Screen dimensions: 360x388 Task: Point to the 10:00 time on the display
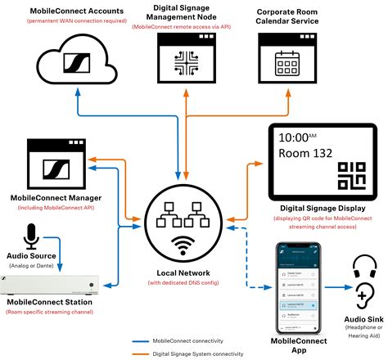point(297,137)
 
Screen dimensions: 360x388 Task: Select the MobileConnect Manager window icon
point(57,164)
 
